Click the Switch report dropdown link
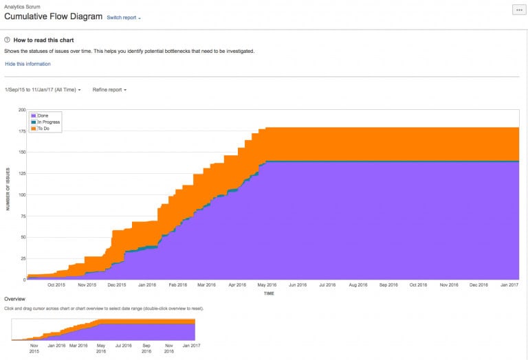pos(124,17)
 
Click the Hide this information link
pos(27,64)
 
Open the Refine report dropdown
pos(109,89)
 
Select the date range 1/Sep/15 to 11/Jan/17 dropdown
pos(43,89)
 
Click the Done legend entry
pos(43,115)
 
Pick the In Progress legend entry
pos(48,122)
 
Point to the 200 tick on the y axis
pos(21,110)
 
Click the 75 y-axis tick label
pos(23,216)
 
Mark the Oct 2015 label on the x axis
pos(56,284)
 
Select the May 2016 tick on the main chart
pos(267,284)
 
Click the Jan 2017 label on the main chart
pos(509,284)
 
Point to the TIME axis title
pos(269,293)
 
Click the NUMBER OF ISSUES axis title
pos(8,195)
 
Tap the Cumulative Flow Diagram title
pos(54,16)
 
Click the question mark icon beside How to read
pos(8,41)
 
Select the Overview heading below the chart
pos(15,299)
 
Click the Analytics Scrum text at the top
pos(22,6)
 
